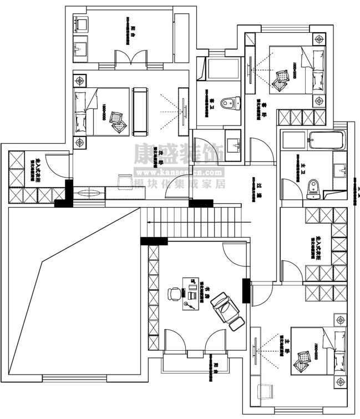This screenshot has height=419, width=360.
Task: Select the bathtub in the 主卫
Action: click(326, 140)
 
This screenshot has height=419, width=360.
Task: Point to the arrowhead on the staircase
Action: click(149, 223)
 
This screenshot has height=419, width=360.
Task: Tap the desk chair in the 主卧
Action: click(265, 391)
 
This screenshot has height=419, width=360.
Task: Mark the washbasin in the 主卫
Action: click(339, 169)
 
